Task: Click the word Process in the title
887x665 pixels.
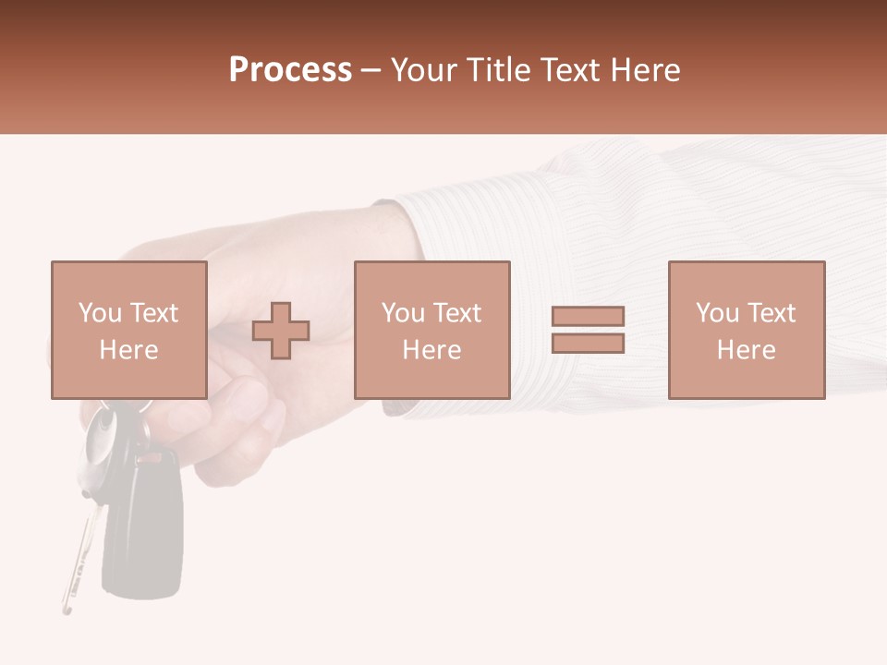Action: (290, 69)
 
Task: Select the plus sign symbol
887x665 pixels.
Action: (281, 331)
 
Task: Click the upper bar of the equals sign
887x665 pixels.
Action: (588, 316)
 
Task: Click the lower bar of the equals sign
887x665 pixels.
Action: (588, 344)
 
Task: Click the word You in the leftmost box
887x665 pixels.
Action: (100, 313)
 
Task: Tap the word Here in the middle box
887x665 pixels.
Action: (431, 350)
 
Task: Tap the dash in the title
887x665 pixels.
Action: (371, 70)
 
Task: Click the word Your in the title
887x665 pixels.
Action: (425, 69)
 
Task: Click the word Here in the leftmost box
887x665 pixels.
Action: (128, 350)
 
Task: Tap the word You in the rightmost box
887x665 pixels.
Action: (717, 313)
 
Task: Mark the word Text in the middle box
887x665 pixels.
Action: (456, 313)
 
